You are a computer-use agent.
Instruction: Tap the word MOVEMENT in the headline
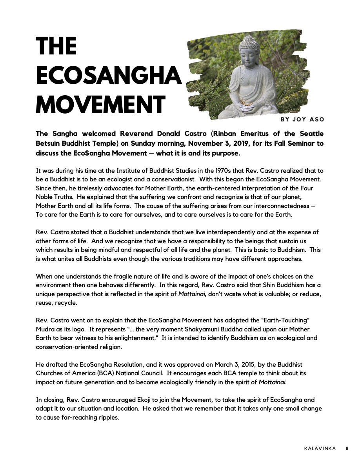[100, 105]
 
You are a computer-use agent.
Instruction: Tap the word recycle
[66, 302]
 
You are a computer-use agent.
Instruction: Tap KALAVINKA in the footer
[320, 449]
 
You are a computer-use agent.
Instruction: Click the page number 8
[347, 449]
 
